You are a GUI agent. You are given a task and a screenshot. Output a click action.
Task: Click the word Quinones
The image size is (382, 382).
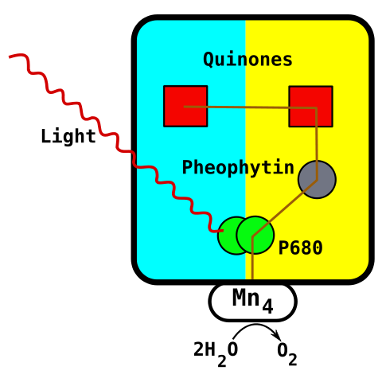click(x=248, y=60)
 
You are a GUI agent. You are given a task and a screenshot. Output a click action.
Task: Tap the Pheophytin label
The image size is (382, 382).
click(x=238, y=168)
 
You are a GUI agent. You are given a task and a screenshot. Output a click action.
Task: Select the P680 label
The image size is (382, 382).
click(x=300, y=248)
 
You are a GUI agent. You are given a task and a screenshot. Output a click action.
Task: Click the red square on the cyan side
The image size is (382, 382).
click(x=185, y=106)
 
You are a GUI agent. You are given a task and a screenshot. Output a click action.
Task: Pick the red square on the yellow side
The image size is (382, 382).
click(x=310, y=106)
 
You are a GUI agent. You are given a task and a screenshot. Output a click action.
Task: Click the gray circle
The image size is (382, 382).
click(x=317, y=180)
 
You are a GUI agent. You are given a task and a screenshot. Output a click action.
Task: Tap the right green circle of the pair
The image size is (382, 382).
click(x=257, y=234)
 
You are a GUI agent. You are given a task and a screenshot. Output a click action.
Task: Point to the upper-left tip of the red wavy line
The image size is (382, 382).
click(x=10, y=57)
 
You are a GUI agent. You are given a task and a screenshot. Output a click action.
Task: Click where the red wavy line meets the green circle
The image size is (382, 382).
click(x=220, y=231)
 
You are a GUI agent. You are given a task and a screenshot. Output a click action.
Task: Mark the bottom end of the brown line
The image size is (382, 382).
click(x=252, y=277)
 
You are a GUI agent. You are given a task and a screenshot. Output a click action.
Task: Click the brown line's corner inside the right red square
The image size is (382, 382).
click(x=316, y=107)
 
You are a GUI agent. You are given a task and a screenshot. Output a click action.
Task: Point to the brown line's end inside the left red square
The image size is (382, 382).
click(x=185, y=107)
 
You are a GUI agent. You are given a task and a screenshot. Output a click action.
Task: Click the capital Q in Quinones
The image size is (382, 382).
click(x=209, y=60)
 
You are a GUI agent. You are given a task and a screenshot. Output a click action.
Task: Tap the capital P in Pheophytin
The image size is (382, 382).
click(x=187, y=168)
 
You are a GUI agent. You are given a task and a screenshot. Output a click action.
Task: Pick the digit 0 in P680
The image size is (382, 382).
click(x=317, y=248)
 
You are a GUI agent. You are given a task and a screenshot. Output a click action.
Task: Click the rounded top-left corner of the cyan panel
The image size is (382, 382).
click(x=143, y=27)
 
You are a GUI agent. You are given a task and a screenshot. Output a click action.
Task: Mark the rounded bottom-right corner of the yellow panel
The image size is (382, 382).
click(x=362, y=273)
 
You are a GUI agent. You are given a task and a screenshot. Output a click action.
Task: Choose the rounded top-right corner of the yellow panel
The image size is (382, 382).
click(x=362, y=27)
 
